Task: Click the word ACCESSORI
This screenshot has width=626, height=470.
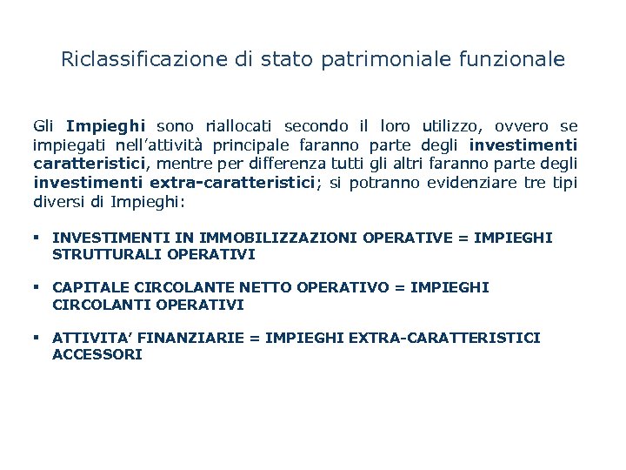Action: (97, 354)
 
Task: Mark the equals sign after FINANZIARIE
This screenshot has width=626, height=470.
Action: (255, 337)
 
